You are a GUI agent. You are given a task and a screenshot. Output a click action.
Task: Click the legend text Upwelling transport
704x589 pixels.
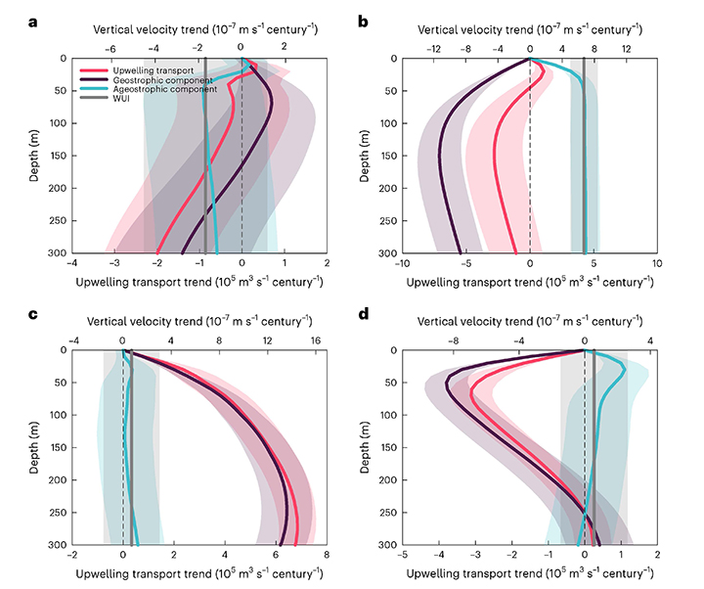coord(136,71)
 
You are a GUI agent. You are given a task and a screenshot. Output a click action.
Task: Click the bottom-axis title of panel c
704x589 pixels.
coord(199,573)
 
